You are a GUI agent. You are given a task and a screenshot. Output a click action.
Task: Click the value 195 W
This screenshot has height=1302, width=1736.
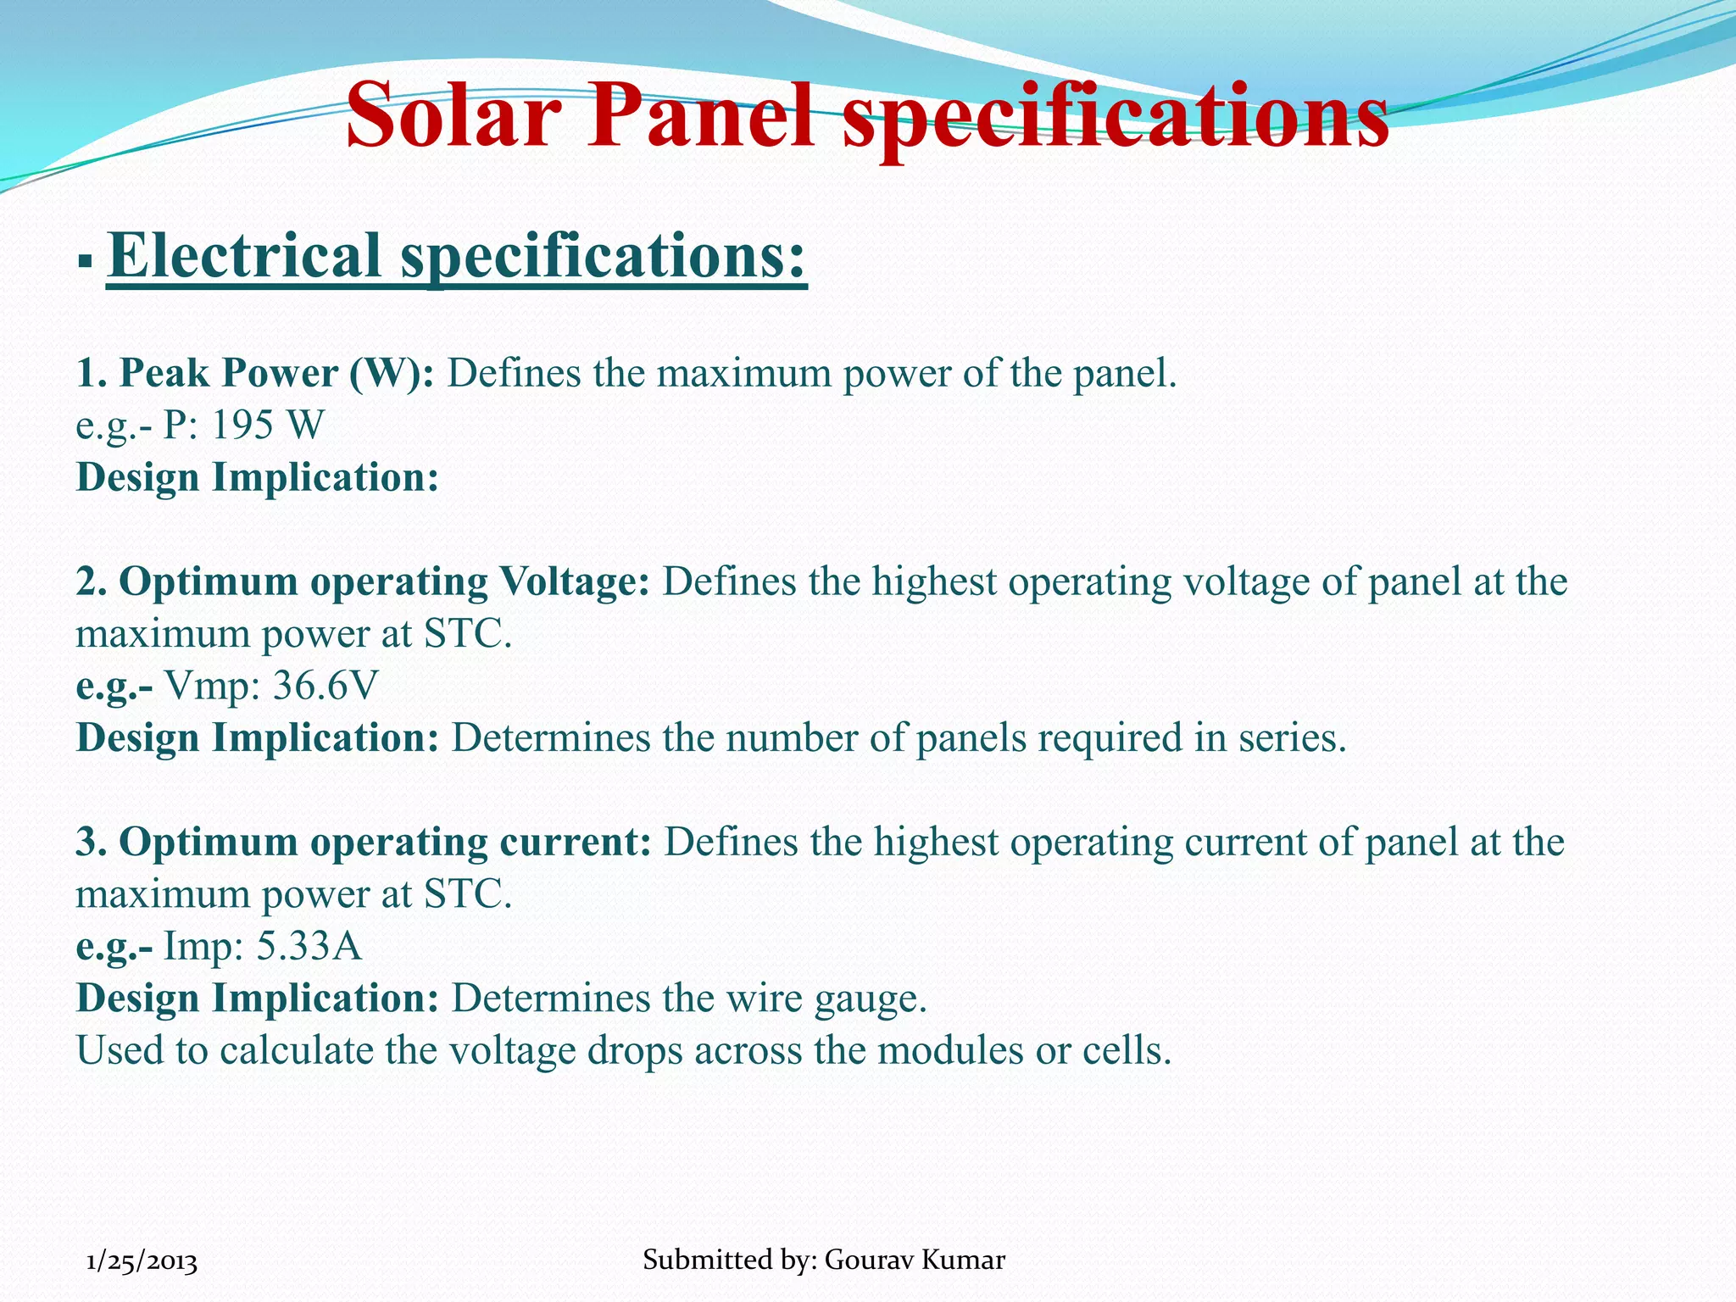267,425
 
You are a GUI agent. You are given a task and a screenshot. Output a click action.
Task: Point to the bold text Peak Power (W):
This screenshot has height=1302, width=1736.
255,373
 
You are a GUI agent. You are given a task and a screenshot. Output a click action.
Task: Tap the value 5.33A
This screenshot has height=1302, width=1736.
309,946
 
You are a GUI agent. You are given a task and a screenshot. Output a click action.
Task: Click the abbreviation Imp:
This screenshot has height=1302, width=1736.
203,946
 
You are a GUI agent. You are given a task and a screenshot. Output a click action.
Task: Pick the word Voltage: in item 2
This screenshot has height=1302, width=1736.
574,581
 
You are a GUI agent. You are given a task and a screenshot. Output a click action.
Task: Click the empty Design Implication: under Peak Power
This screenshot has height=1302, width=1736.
257,477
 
